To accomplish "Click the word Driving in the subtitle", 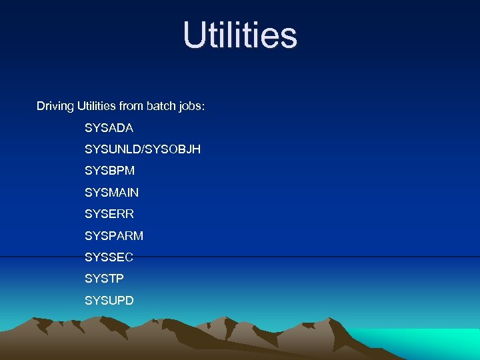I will pos(55,107).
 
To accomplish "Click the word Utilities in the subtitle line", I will pos(97,106).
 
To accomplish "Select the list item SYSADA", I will pos(109,128).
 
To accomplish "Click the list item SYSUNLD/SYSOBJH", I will pos(143,149).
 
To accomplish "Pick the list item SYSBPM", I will pos(109,171).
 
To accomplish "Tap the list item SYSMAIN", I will pos(112,193).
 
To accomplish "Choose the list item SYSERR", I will pos(109,214).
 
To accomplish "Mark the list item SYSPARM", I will pos(114,236).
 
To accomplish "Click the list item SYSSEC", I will pos(109,257).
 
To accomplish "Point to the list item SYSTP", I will pos(105,279).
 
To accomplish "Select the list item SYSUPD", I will pos(109,301).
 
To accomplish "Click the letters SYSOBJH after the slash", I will pos(172,149).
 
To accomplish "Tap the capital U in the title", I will pos(195,35).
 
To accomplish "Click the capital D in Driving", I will pos(41,106).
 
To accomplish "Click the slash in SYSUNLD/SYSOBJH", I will pos(143,149).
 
